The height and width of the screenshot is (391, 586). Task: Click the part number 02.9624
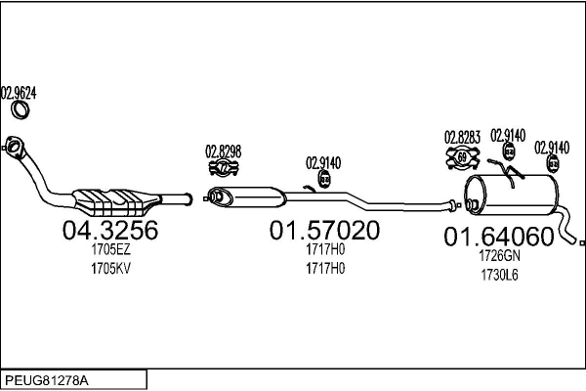click(x=19, y=94)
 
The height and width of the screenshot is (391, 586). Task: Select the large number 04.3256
click(x=110, y=231)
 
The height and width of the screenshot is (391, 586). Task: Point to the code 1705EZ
click(x=110, y=250)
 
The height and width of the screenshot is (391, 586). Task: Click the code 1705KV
click(x=110, y=269)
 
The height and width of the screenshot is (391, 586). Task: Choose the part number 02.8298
click(x=224, y=151)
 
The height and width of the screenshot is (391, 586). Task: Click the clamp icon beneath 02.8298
click(x=224, y=167)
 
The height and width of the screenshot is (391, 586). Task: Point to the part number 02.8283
click(x=462, y=137)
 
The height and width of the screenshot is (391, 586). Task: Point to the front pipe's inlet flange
click(x=15, y=148)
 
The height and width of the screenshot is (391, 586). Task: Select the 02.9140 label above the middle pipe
click(x=323, y=163)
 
